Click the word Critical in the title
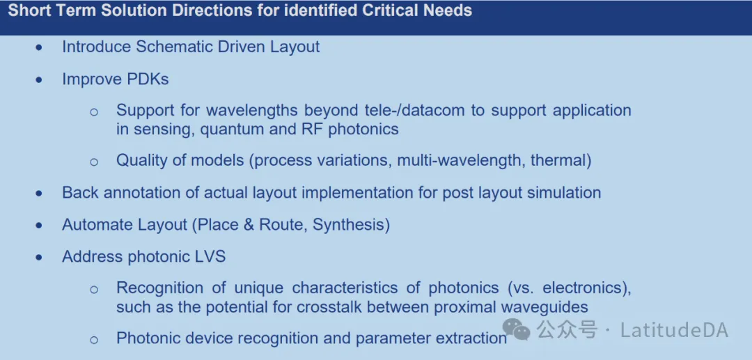click(x=390, y=10)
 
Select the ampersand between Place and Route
click(x=249, y=225)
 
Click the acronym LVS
click(x=210, y=257)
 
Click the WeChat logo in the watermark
click(x=516, y=330)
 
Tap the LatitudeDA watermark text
click(x=674, y=330)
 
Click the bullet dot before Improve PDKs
click(x=39, y=80)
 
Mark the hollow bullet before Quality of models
click(x=94, y=162)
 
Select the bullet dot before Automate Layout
click(x=39, y=226)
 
